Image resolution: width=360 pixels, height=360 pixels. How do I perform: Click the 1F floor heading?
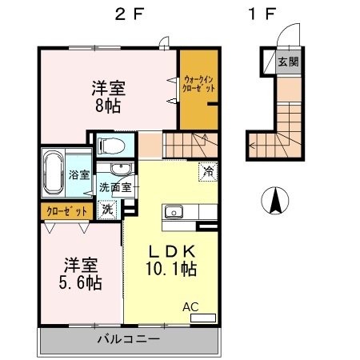[x=263, y=16]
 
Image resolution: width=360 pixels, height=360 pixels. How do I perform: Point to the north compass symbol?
[x=274, y=201]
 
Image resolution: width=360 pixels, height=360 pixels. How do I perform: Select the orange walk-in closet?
[x=198, y=89]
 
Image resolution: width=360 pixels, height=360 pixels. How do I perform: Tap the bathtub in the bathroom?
[x=53, y=172]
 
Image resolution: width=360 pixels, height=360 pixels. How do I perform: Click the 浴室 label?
[x=78, y=174]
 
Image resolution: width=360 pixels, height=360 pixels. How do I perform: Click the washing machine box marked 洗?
[x=107, y=210]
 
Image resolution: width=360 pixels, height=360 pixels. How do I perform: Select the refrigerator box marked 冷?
[x=208, y=170]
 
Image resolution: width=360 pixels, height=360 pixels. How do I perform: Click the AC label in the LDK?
[x=191, y=306]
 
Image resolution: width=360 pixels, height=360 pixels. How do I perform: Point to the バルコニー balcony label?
[x=129, y=340]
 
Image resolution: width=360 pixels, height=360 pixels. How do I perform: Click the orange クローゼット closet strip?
[x=66, y=212]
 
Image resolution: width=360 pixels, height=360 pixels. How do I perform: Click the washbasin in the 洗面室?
[x=119, y=170]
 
